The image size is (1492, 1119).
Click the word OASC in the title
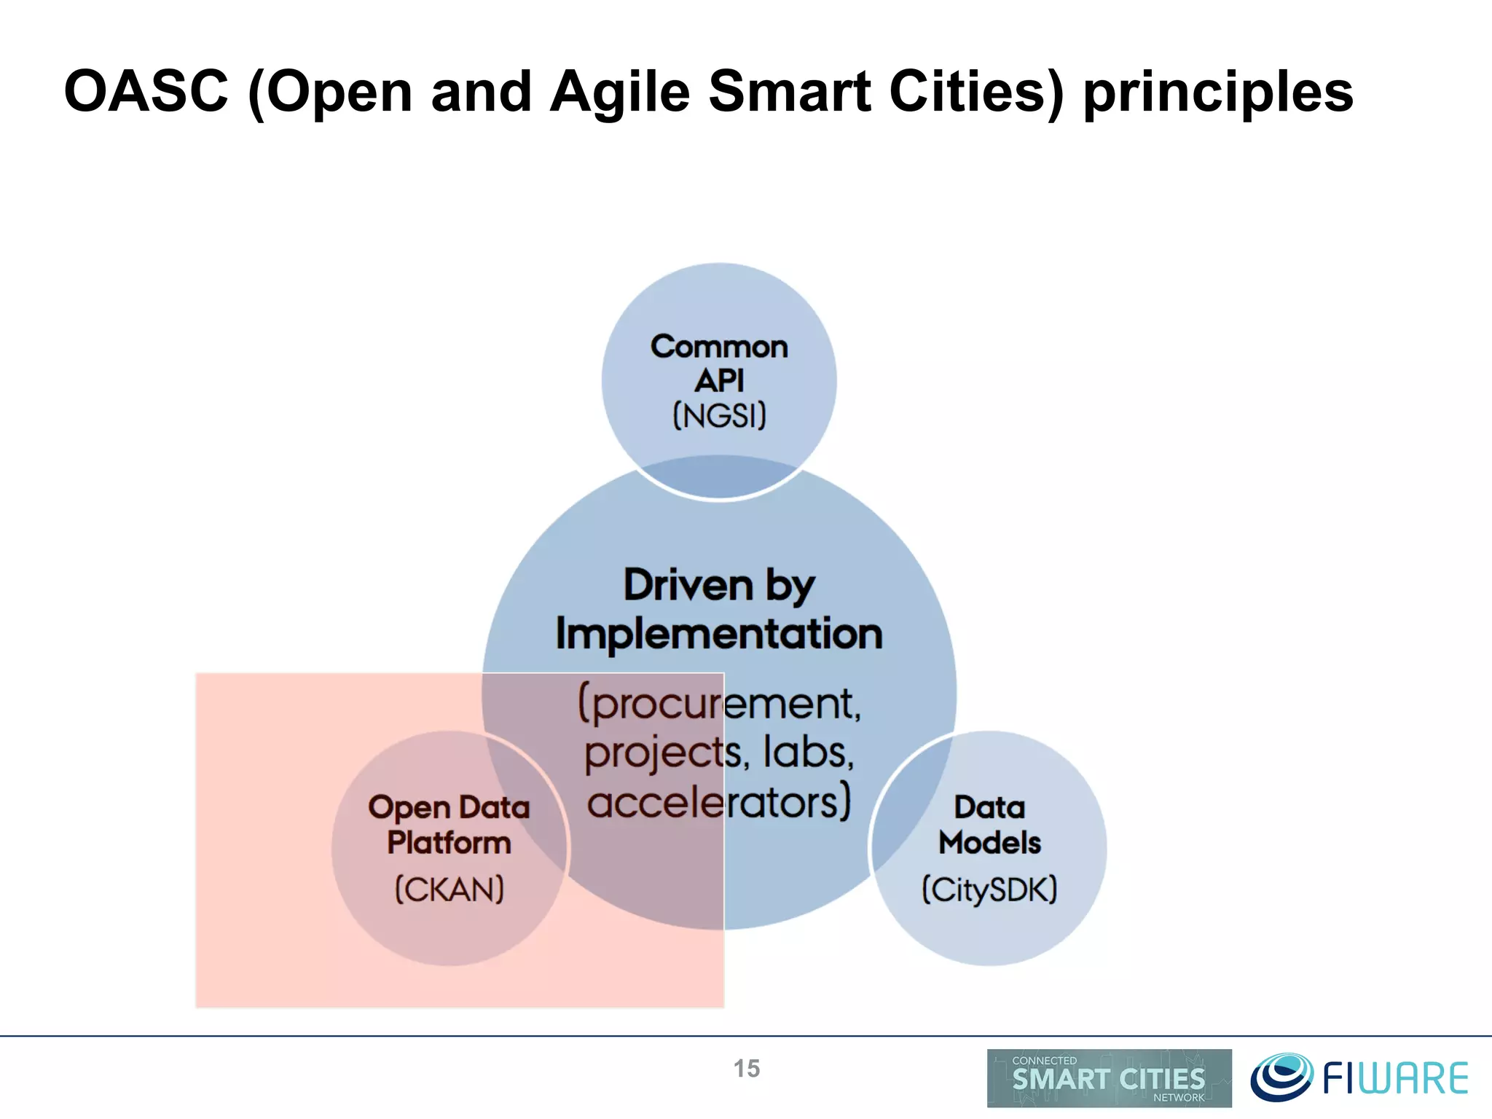146,93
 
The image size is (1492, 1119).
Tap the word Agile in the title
619,93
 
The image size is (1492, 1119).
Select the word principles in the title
1218,93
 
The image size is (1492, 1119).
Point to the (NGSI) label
719,416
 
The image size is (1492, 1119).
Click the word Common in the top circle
719,347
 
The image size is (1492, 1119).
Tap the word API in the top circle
719,381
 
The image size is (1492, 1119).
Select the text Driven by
719,585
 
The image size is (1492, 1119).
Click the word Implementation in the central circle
719,634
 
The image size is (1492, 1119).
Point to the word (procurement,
719,704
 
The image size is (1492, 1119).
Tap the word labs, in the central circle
808,752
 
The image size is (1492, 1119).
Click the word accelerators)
719,801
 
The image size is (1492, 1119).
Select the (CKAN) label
449,890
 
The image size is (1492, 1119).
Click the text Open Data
449,807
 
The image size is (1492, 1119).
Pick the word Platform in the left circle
449,843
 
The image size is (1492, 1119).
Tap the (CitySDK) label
989,890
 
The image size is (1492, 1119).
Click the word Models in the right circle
989,843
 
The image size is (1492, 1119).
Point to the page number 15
746,1069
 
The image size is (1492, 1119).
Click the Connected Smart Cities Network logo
1109,1078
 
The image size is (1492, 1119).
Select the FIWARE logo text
1394,1079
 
